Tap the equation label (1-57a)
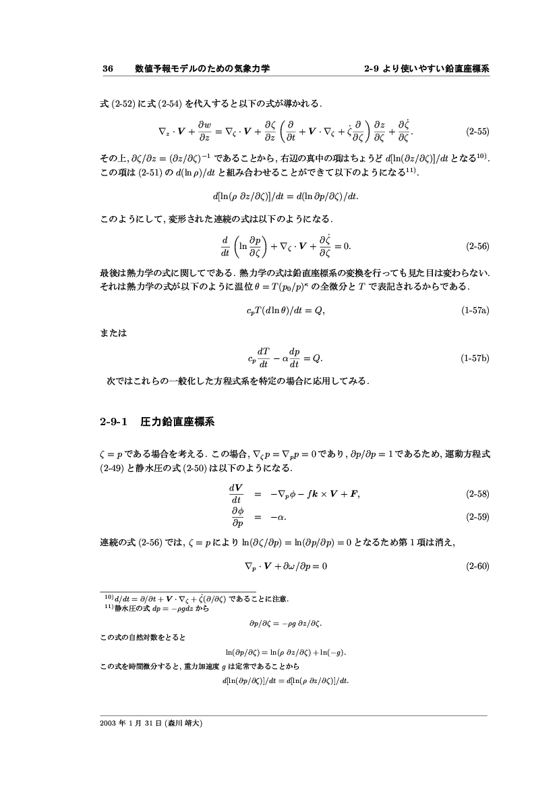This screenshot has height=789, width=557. (475, 311)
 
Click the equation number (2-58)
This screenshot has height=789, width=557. (477, 494)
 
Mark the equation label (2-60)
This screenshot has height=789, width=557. (477, 566)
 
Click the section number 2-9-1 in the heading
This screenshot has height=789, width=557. (113, 423)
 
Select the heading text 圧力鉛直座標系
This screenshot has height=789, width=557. (177, 423)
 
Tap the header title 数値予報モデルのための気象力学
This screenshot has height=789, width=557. (202, 69)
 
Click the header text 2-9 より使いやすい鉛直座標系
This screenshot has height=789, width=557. (426, 69)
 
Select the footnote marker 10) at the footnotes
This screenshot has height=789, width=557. (107, 597)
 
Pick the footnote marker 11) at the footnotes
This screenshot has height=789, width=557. (107, 605)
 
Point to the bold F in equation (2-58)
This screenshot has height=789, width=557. (355, 494)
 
